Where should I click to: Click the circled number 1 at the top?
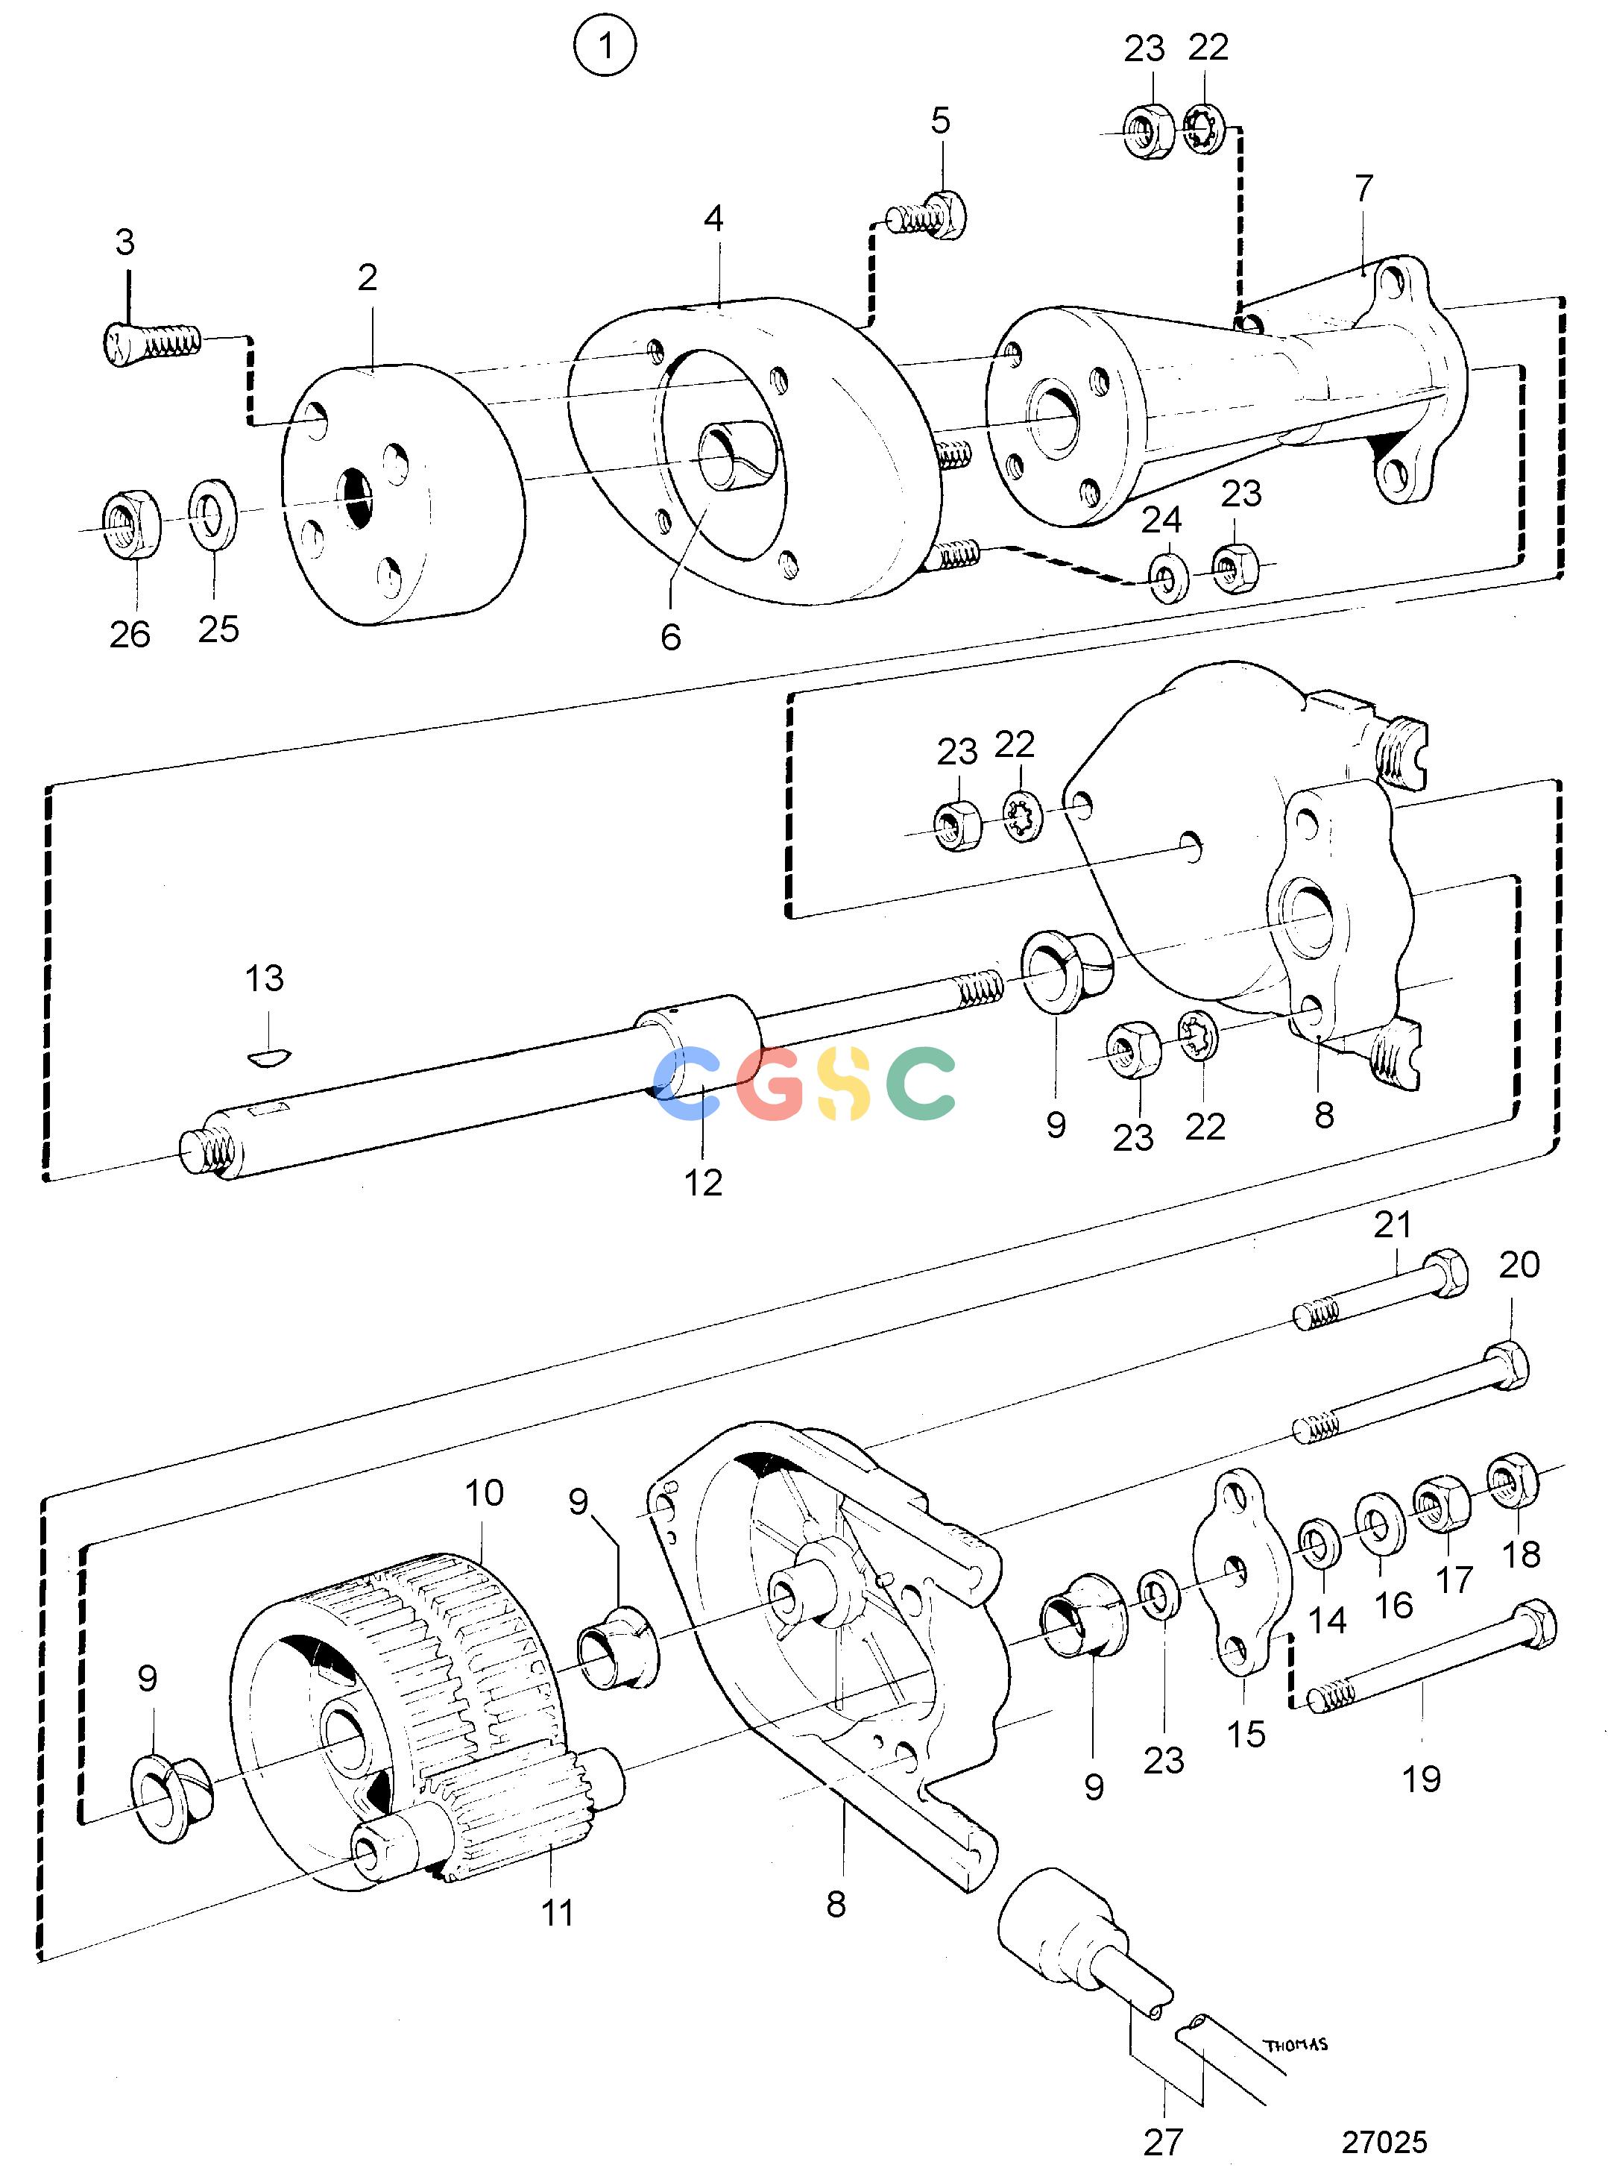[x=605, y=45]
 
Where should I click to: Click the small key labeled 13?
[x=267, y=1056]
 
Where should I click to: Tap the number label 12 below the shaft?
[x=703, y=1183]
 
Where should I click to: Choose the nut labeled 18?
[x=1512, y=1479]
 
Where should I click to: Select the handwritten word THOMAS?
[x=1296, y=2044]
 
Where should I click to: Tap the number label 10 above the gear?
[x=484, y=1492]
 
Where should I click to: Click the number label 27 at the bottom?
[x=1163, y=2142]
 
